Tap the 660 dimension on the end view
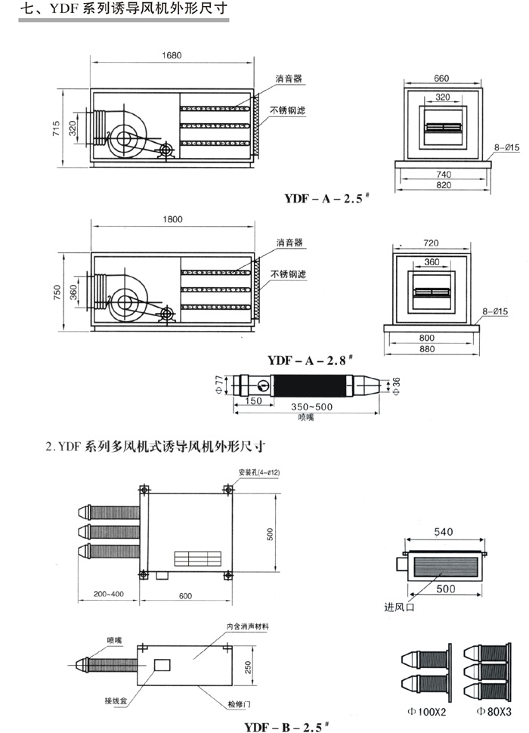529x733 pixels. tap(441, 78)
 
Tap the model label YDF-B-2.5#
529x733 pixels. tap(288, 726)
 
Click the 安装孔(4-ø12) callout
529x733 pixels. tap(259, 472)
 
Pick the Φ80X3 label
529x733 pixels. tap(493, 711)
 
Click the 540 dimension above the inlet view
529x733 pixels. tap(443, 531)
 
